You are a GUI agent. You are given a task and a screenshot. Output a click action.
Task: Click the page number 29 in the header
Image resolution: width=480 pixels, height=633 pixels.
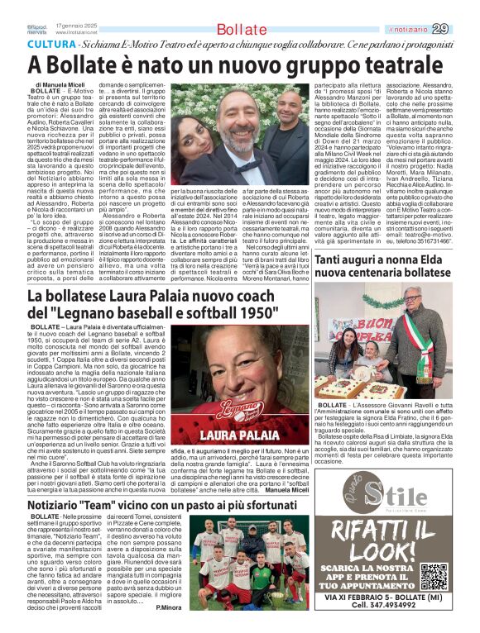pyautogui.click(x=463, y=30)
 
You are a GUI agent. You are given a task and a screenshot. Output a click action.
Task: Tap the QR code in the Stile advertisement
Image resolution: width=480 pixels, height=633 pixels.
pyautogui.click(x=434, y=575)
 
